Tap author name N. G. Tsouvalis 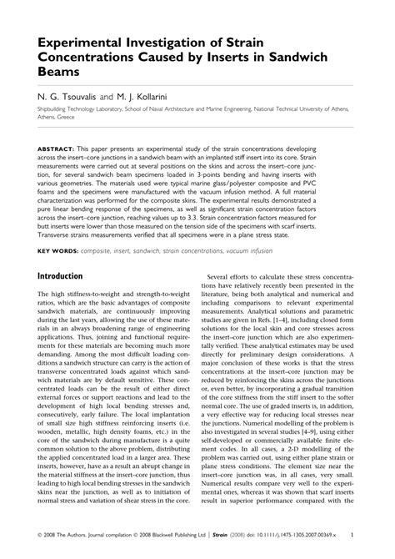[x=69, y=97]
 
